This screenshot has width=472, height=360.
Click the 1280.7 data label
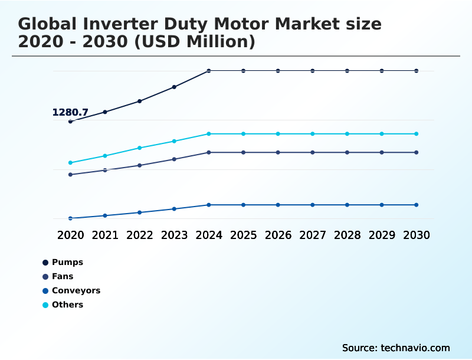pyautogui.click(x=70, y=112)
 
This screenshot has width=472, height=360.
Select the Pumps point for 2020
pyautogui.click(x=70, y=122)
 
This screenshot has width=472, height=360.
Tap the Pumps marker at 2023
pyautogui.click(x=174, y=87)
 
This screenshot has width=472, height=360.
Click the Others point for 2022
pyautogui.click(x=140, y=148)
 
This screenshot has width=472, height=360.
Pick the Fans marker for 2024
pyautogui.click(x=209, y=152)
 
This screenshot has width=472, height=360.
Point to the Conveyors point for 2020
pyautogui.click(x=70, y=218)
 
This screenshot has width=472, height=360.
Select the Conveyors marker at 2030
pyautogui.click(x=416, y=205)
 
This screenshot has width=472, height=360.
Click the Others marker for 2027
pyautogui.click(x=313, y=134)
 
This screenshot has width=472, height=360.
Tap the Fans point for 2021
pyautogui.click(x=105, y=170)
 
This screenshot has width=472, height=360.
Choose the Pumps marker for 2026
pyautogui.click(x=278, y=71)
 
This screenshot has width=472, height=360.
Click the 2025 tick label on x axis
pyautogui.click(x=243, y=235)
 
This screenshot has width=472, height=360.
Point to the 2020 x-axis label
pyautogui.click(x=70, y=235)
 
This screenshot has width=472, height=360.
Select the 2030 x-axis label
pyautogui.click(x=416, y=235)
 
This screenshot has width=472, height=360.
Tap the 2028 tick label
pyautogui.click(x=347, y=235)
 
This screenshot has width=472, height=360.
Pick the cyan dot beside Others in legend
pyautogui.click(x=45, y=305)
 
